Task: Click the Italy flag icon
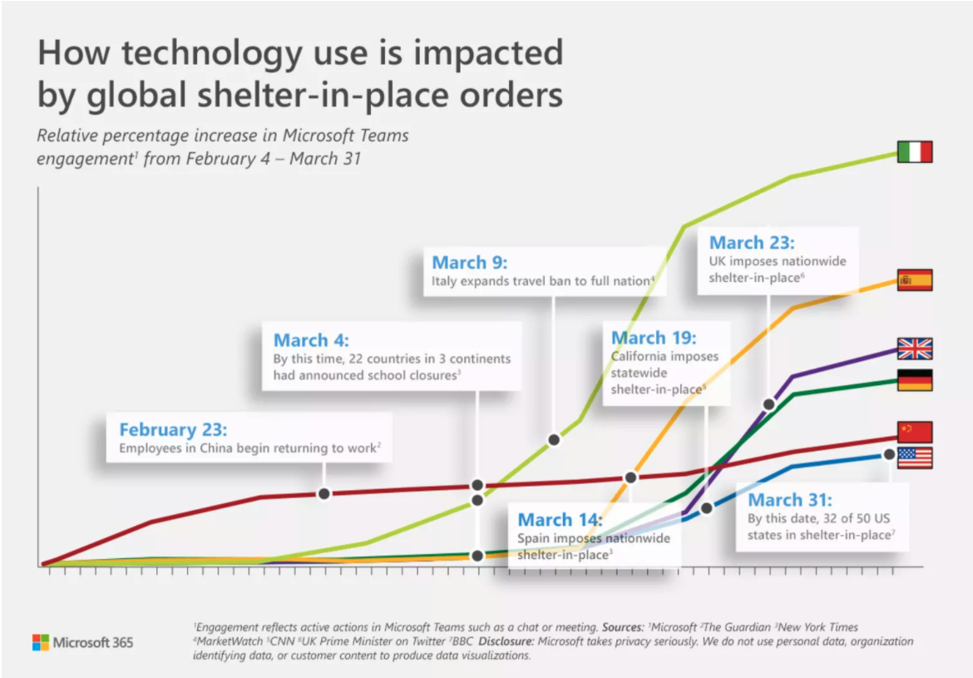pyautogui.click(x=915, y=152)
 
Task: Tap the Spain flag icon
pyautogui.click(x=915, y=280)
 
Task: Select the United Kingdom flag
pyautogui.click(x=915, y=349)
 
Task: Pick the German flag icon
pyautogui.click(x=915, y=380)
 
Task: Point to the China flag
pyautogui.click(x=915, y=432)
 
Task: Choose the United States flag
pyautogui.click(x=915, y=458)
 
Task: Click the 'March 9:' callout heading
pyautogui.click(x=470, y=262)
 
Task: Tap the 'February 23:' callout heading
pyautogui.click(x=173, y=429)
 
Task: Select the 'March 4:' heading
pyautogui.click(x=311, y=339)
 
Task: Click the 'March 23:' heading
pyautogui.click(x=752, y=242)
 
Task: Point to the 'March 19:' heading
pyautogui.click(x=654, y=337)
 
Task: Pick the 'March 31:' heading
pyautogui.click(x=790, y=499)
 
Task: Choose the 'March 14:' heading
pyautogui.click(x=560, y=519)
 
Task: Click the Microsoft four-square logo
pyautogui.click(x=41, y=642)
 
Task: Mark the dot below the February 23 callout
pyautogui.click(x=324, y=493)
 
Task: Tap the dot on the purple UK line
pyautogui.click(x=769, y=404)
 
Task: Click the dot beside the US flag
pyautogui.click(x=889, y=454)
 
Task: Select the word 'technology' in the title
pyautogui.click(x=211, y=52)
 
